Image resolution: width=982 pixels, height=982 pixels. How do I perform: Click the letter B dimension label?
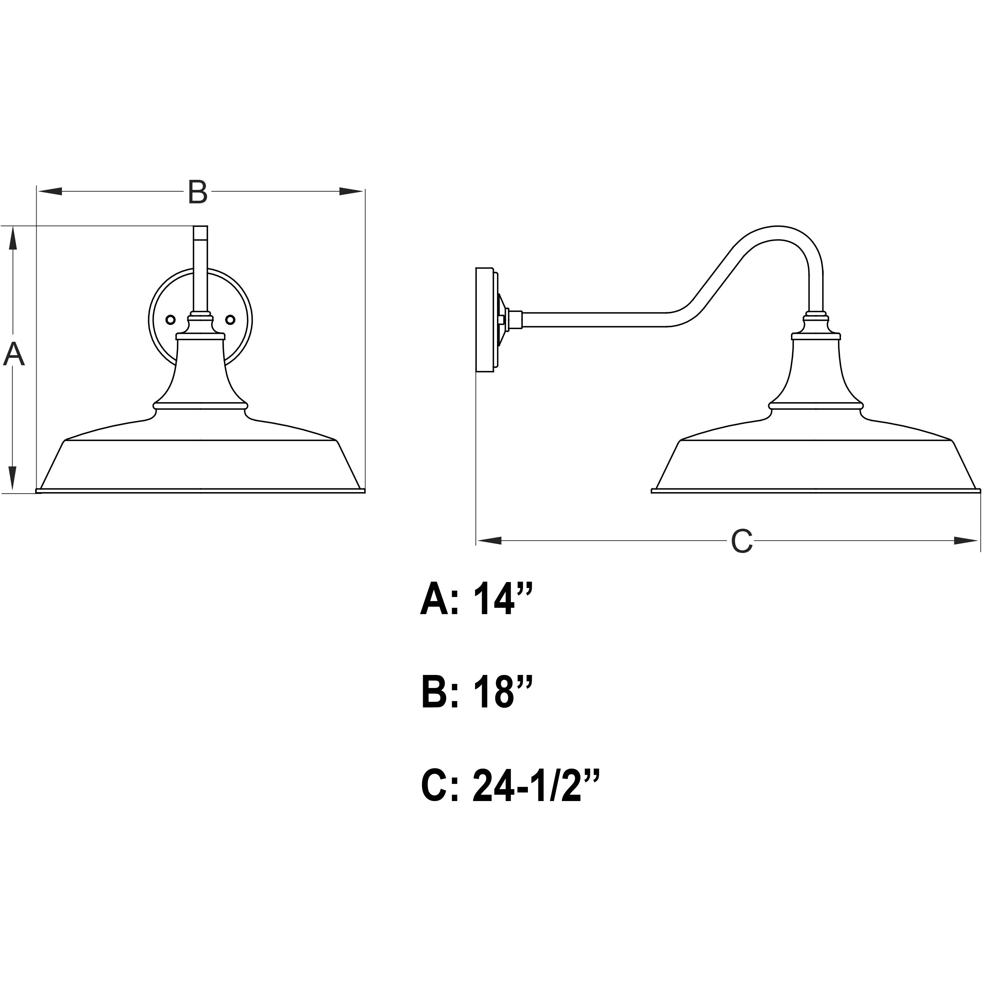tap(197, 192)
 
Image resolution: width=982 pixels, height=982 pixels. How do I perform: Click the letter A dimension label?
tap(14, 354)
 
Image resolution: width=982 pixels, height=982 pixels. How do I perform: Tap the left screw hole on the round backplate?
tap(171, 320)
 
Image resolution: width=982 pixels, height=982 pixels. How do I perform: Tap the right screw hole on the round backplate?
tap(230, 320)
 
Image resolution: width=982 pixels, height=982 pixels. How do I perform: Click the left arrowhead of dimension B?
tap(50, 192)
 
